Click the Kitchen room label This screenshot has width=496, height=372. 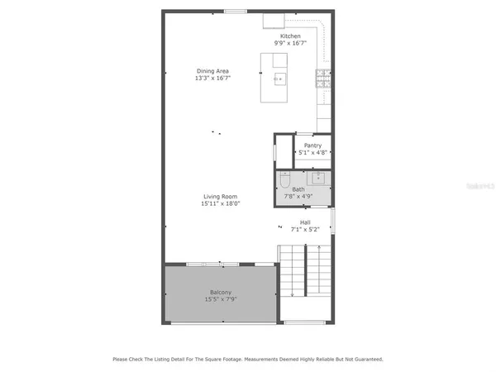click(290, 36)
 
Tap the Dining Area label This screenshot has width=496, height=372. click(212, 70)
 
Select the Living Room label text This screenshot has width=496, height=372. click(220, 196)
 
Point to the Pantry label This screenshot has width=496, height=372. click(312, 145)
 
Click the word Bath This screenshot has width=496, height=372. click(298, 189)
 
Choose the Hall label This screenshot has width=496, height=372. click(305, 222)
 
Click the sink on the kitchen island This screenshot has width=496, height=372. click(279, 79)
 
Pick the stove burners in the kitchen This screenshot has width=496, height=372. click(322, 79)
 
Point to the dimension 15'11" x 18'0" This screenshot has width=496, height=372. click(220, 203)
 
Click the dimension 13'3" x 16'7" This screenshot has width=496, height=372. click(212, 78)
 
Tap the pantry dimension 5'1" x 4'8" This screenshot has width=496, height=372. click(312, 153)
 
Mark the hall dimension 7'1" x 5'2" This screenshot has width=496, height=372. click(305, 229)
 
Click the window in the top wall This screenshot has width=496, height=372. click(235, 12)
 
